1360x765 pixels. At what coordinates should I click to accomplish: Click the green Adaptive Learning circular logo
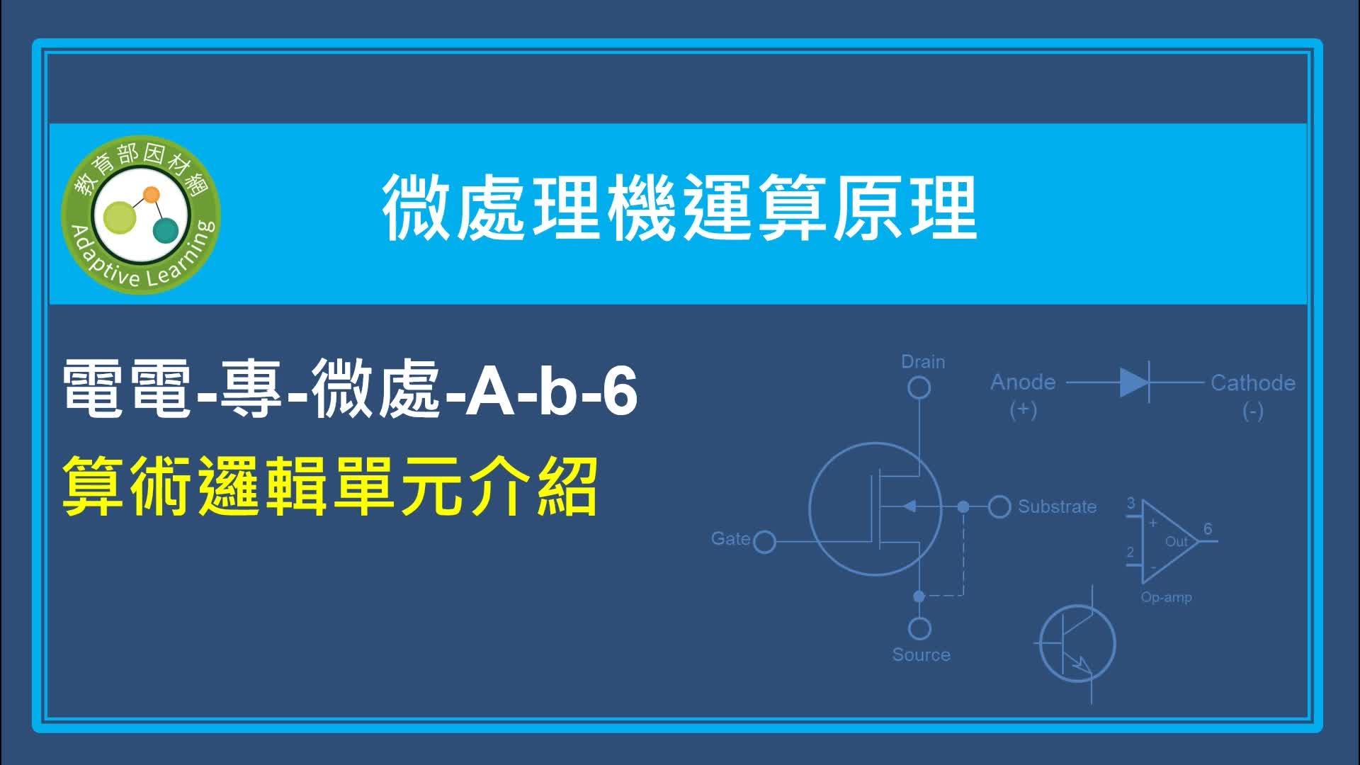(x=141, y=215)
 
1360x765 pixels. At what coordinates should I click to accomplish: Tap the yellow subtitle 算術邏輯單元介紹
(x=331, y=487)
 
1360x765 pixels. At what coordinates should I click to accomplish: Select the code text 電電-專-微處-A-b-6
(x=350, y=390)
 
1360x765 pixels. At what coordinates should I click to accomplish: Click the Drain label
(x=923, y=362)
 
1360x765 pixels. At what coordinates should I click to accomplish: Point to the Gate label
(x=730, y=539)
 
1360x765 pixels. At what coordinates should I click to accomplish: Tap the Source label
(x=921, y=654)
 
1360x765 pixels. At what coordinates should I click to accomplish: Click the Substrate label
(x=1057, y=506)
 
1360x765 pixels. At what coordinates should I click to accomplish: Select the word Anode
(x=1023, y=382)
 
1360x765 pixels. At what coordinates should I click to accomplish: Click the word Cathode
(x=1252, y=383)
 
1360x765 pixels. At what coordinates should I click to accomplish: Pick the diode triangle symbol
(x=1134, y=382)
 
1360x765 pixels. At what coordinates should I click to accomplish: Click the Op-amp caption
(x=1166, y=597)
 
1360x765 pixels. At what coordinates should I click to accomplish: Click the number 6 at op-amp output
(x=1208, y=529)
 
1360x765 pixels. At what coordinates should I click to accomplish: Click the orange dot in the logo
(x=151, y=194)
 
